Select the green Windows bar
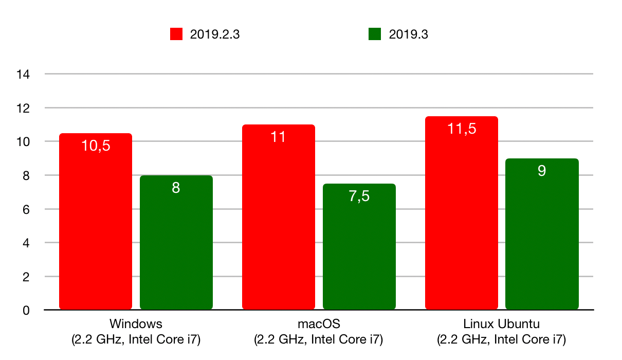click(176, 247)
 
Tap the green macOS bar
click(359, 252)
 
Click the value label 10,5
click(96, 146)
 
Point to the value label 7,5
click(359, 196)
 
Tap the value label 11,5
click(462, 129)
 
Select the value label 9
click(542, 171)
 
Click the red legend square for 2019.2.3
click(177, 34)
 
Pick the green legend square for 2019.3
click(375, 34)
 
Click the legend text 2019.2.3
click(215, 34)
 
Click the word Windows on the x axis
click(136, 324)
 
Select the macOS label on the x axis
click(319, 324)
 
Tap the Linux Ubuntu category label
click(501, 324)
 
